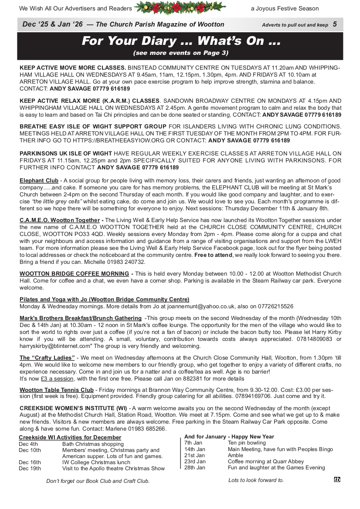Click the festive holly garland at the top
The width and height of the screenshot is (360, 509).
tap(180, 8)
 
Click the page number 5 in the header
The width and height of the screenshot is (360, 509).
tap(335, 24)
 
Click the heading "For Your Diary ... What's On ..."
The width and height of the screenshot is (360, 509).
tap(180, 41)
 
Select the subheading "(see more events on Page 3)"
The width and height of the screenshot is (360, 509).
tap(180, 53)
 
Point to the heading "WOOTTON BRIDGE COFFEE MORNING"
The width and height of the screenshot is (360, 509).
tap(74, 274)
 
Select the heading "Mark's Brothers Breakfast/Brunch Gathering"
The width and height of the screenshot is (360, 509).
tap(81, 318)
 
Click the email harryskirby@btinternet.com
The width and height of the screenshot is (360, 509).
tap(55, 346)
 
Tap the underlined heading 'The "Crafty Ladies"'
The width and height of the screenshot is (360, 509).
tap(47, 358)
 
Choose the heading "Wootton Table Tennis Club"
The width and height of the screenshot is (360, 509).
tap(57, 390)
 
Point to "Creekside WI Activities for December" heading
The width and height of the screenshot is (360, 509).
tap(70, 438)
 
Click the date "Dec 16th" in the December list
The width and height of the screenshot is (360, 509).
tap(30, 462)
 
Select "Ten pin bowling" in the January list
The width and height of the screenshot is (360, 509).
tap(247, 443)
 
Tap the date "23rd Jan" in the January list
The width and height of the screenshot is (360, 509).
tap(195, 462)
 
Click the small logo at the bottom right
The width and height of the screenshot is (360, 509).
tap(337, 479)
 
